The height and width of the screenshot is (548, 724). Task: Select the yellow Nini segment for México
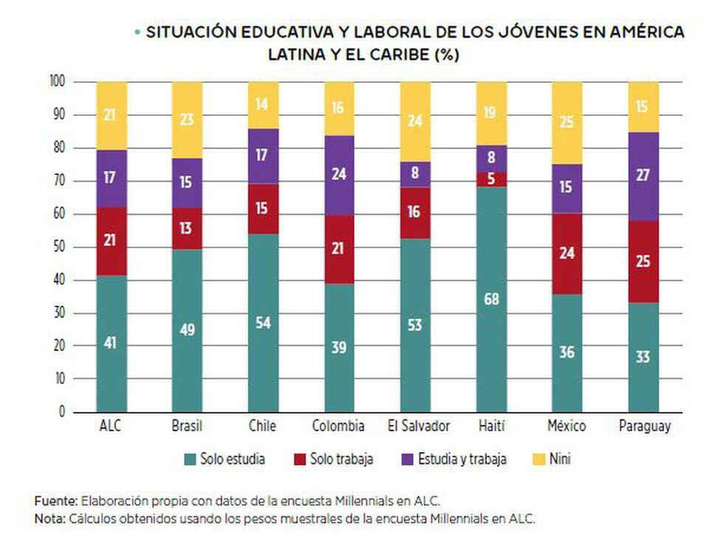567,123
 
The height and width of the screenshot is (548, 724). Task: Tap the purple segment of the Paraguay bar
643,176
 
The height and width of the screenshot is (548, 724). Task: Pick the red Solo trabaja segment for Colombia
339,248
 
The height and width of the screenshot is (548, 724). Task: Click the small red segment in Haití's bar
491,179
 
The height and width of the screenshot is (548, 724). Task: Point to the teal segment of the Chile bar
264,322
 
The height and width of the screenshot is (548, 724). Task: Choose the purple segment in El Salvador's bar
415,174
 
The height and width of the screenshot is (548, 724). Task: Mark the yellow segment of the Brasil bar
188,120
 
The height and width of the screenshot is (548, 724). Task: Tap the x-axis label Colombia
339,426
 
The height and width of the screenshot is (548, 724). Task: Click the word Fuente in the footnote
56,500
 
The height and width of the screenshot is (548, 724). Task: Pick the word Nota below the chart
50,518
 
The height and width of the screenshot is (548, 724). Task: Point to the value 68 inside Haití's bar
491,299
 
